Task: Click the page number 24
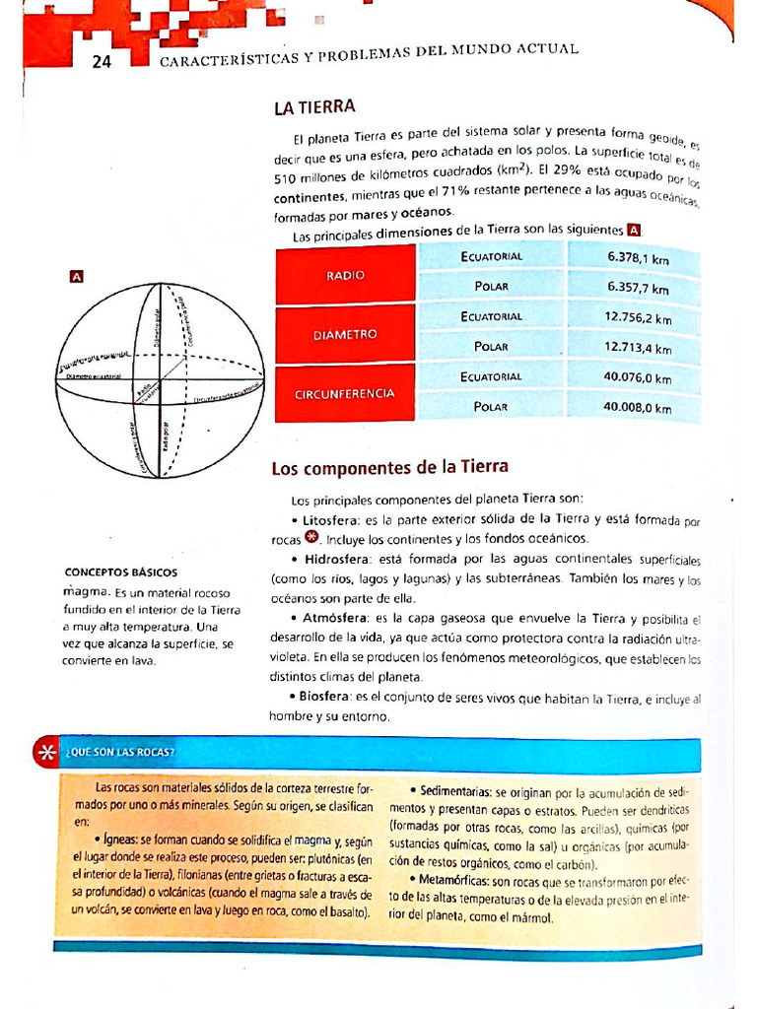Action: [102, 62]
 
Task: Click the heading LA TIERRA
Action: [314, 107]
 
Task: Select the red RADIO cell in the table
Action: [345, 276]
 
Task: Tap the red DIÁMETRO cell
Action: [345, 335]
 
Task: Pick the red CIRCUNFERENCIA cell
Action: [345, 394]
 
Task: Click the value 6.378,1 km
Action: [638, 259]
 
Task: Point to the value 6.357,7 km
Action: [638, 289]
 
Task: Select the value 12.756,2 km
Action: [638, 318]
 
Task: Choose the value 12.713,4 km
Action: [638, 348]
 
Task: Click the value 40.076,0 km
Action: [638, 377]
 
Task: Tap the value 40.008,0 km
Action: [638, 407]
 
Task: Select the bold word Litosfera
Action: [330, 518]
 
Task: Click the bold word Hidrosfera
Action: [334, 559]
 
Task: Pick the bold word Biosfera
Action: [325, 698]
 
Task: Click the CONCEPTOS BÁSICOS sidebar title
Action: [121, 572]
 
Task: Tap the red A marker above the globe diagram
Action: [76, 276]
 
